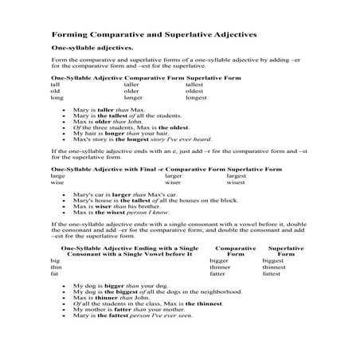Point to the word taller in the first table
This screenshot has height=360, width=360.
(143, 84)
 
